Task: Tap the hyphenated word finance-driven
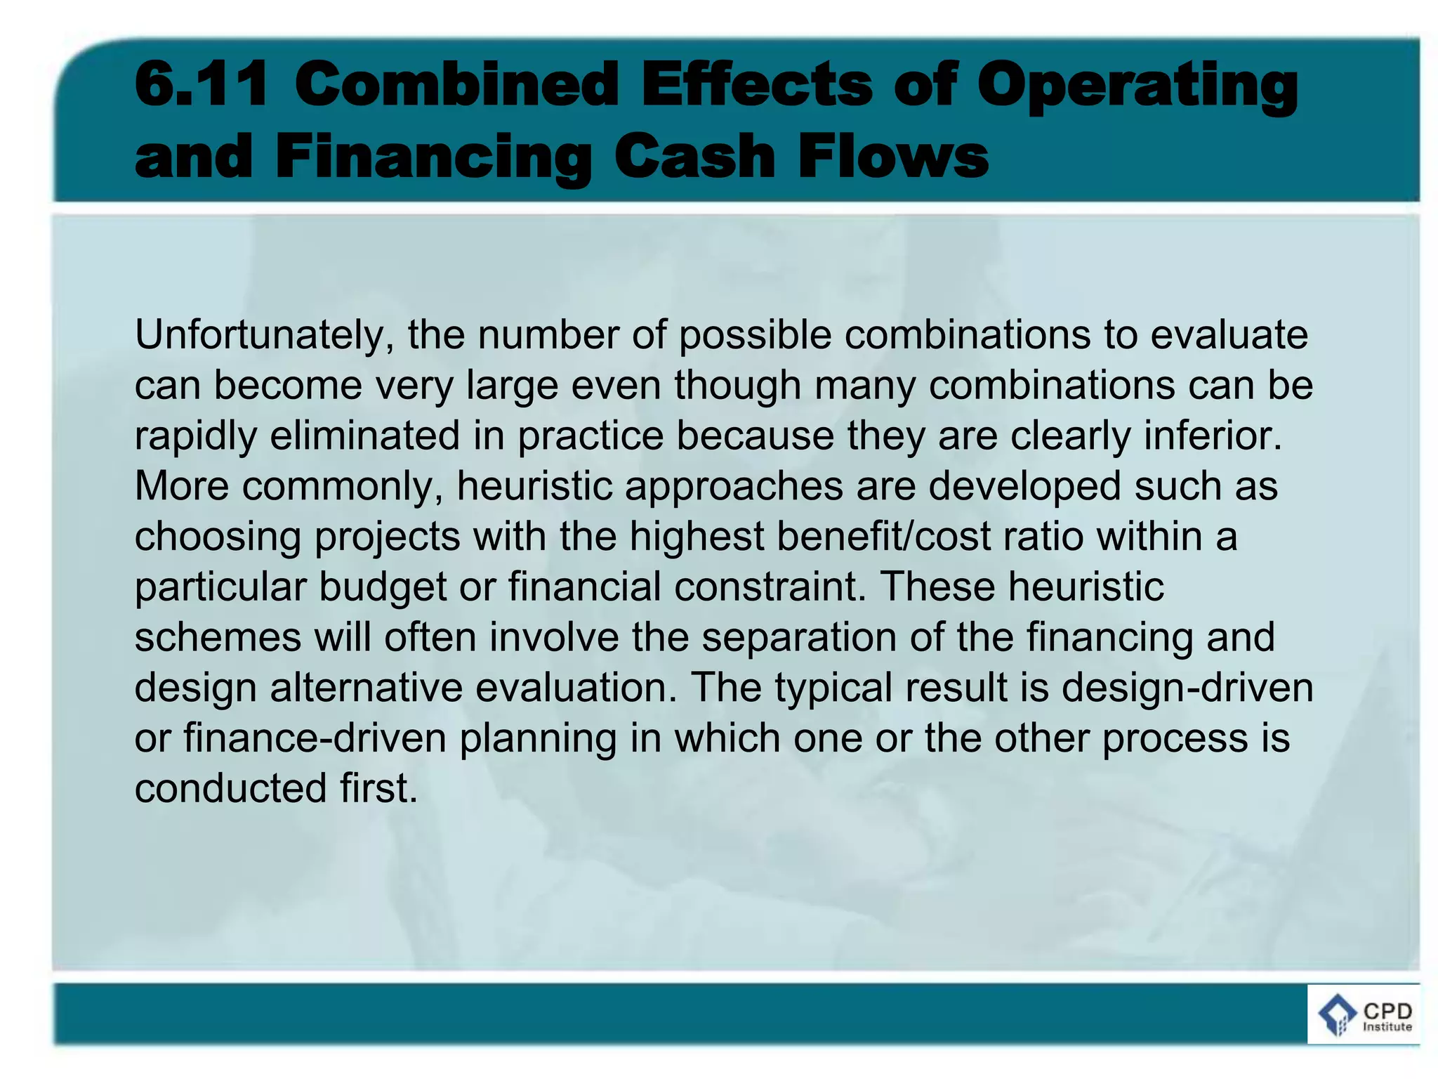pos(315,738)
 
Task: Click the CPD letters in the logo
pos(1387,1011)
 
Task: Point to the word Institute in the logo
pos(1387,1027)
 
